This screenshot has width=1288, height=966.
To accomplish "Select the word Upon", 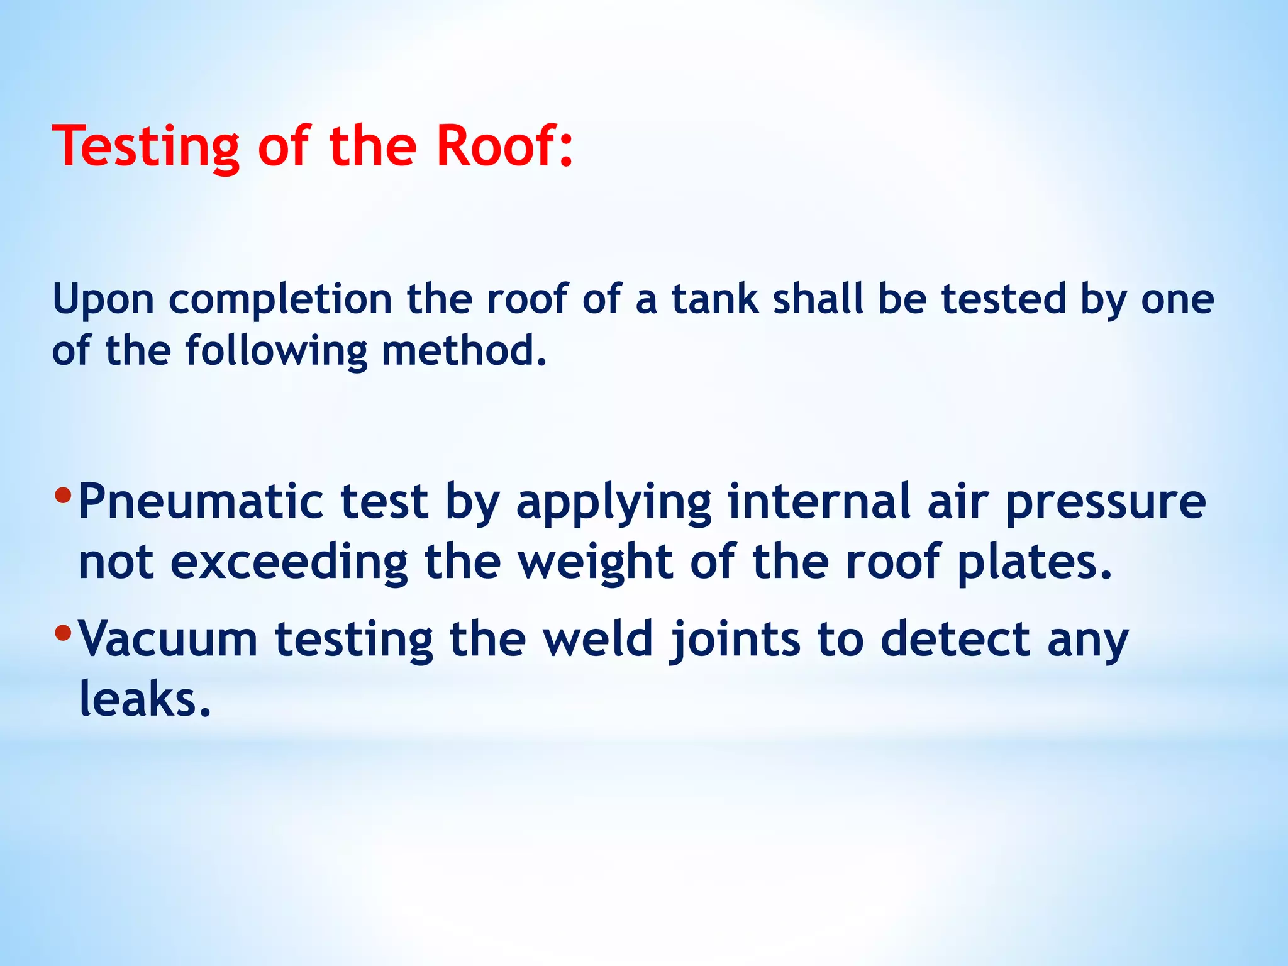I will pyautogui.click(x=103, y=300).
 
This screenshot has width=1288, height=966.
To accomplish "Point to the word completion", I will pyautogui.click(x=280, y=300).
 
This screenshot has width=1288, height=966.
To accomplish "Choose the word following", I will pyautogui.click(x=275, y=352).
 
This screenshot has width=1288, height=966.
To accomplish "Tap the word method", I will pyautogui.click(x=464, y=350).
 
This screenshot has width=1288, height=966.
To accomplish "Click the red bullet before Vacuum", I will pyautogui.click(x=63, y=632).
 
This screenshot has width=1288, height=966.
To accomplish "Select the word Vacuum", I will pyautogui.click(x=168, y=640).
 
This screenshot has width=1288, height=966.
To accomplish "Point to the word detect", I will pyautogui.click(x=955, y=640).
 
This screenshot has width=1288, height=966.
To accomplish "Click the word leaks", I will pyautogui.click(x=145, y=699).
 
